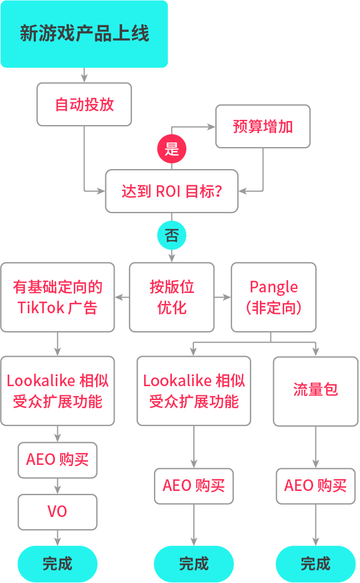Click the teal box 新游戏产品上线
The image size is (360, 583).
pyautogui.click(x=84, y=34)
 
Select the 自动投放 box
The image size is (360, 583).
pyautogui.click(x=84, y=104)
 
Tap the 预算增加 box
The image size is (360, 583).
pyautogui.click(x=263, y=126)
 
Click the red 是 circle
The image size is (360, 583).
pyautogui.click(x=172, y=149)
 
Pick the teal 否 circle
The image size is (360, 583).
pyautogui.click(x=172, y=236)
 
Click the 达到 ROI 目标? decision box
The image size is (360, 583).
pyautogui.click(x=172, y=191)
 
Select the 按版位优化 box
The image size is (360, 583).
pyautogui.click(x=172, y=297)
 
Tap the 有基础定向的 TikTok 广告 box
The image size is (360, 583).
pyautogui.click(x=57, y=297)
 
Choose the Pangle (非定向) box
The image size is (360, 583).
pyautogui.click(x=274, y=297)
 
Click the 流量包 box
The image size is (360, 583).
pyautogui.click(x=315, y=391)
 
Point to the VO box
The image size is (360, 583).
pyautogui.click(x=57, y=512)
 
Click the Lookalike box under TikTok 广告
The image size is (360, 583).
pyautogui.click(x=57, y=391)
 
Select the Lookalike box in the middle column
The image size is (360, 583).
pyautogui.click(x=194, y=391)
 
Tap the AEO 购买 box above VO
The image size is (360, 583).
pyautogui.click(x=57, y=460)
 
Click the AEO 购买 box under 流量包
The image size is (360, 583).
pyautogui.click(x=315, y=486)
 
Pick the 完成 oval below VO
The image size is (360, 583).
pyautogui.click(x=57, y=563)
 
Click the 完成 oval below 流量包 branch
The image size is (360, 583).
pyautogui.click(x=315, y=563)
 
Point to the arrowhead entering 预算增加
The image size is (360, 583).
pyautogui.click(x=211, y=126)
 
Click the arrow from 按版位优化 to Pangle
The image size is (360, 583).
pyautogui.click(x=223, y=298)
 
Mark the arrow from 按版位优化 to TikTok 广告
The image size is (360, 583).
pyautogui.click(x=122, y=298)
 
